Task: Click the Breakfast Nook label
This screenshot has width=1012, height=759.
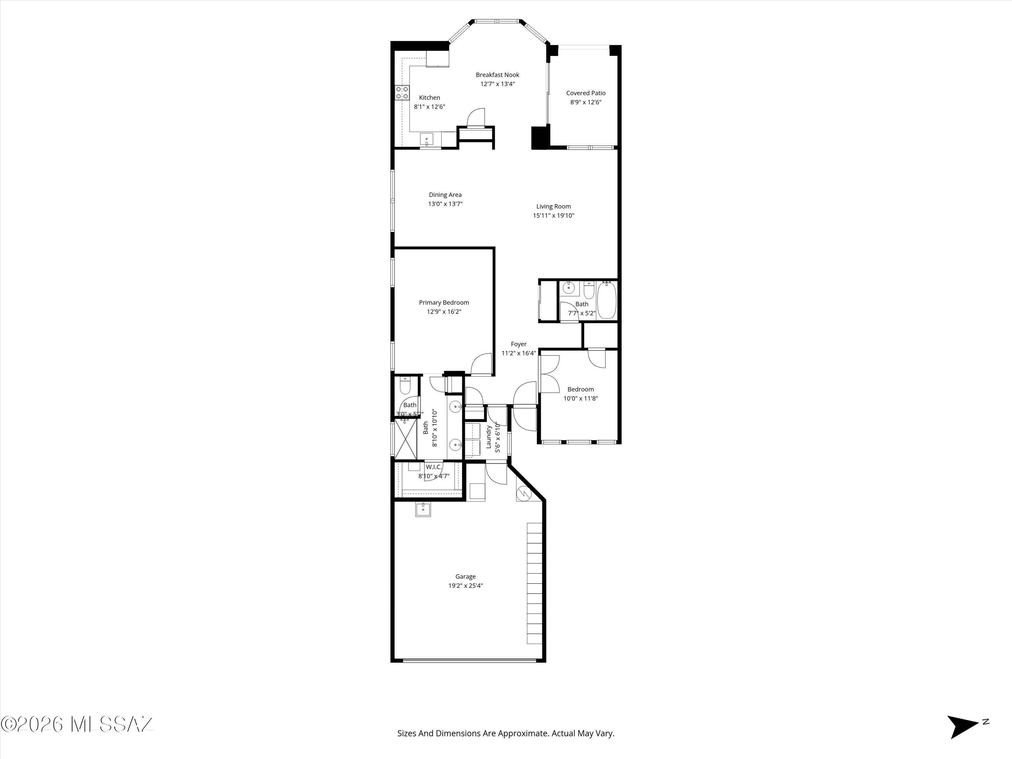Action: click(497, 75)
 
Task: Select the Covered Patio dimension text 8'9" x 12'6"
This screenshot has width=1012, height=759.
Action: click(586, 102)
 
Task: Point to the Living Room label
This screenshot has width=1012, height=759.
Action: click(554, 206)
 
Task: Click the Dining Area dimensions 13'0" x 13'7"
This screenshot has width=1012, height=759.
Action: click(445, 204)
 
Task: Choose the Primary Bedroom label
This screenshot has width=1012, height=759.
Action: click(444, 302)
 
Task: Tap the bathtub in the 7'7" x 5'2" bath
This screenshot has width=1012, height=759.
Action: click(607, 300)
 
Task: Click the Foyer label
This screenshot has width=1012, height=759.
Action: click(519, 344)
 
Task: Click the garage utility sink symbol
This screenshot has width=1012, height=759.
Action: click(423, 509)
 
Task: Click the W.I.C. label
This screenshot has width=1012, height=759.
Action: click(434, 467)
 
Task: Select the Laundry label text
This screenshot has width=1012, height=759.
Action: click(488, 437)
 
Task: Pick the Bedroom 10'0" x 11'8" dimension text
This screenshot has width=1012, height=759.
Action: click(581, 398)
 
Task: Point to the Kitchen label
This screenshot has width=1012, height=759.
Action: click(430, 97)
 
